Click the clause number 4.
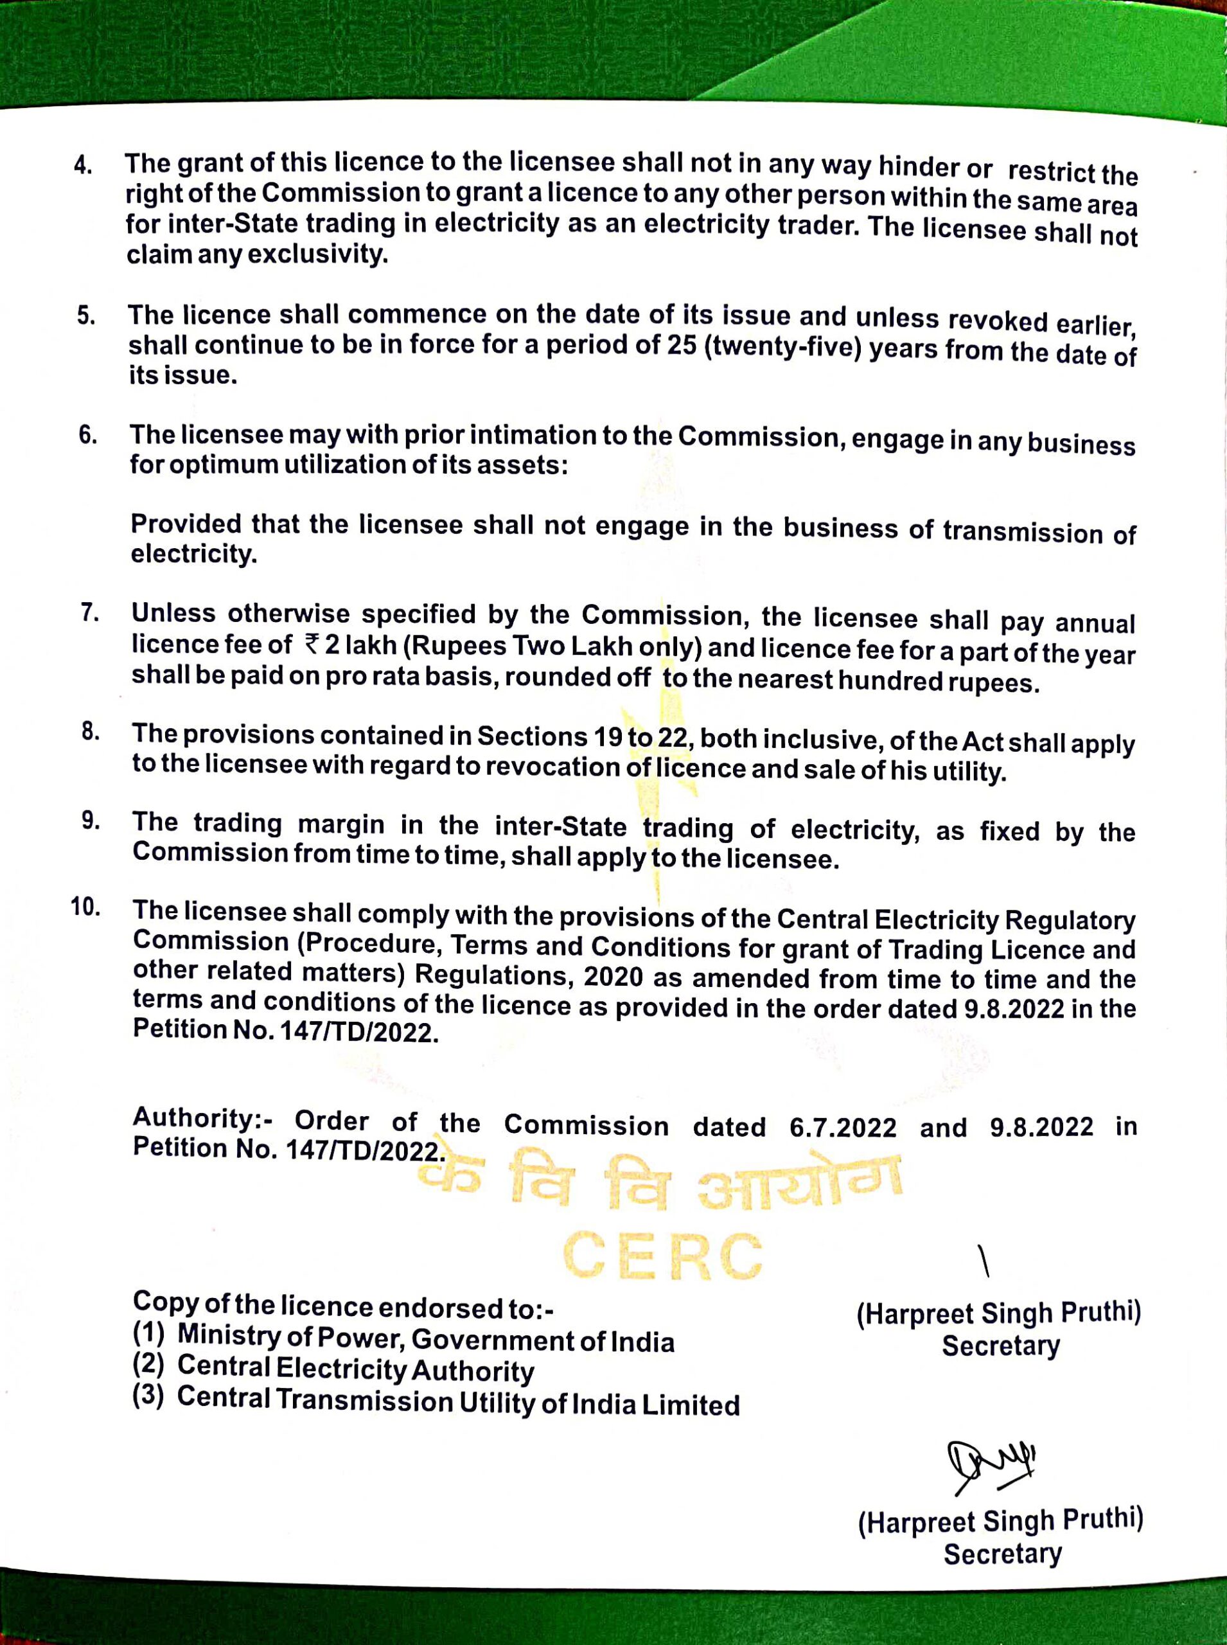[83, 165]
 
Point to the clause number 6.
[87, 434]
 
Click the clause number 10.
[86, 908]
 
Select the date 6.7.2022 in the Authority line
[843, 1128]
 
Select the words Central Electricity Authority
[356, 1369]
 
